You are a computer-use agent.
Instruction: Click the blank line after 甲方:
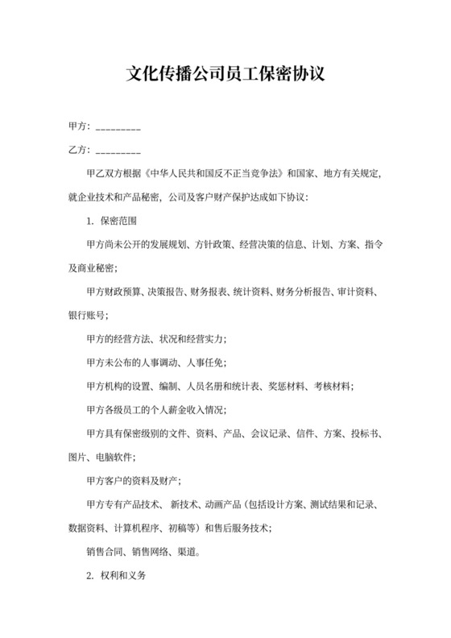[118, 128]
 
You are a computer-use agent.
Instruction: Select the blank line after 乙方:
[118, 151]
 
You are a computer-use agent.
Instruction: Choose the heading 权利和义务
[125, 577]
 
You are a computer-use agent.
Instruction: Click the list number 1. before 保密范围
[90, 221]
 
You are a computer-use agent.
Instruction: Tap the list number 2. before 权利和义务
[90, 577]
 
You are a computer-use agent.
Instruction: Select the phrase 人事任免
[205, 362]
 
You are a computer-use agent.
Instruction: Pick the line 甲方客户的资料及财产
[133, 481]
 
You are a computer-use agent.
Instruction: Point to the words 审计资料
[354, 292]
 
